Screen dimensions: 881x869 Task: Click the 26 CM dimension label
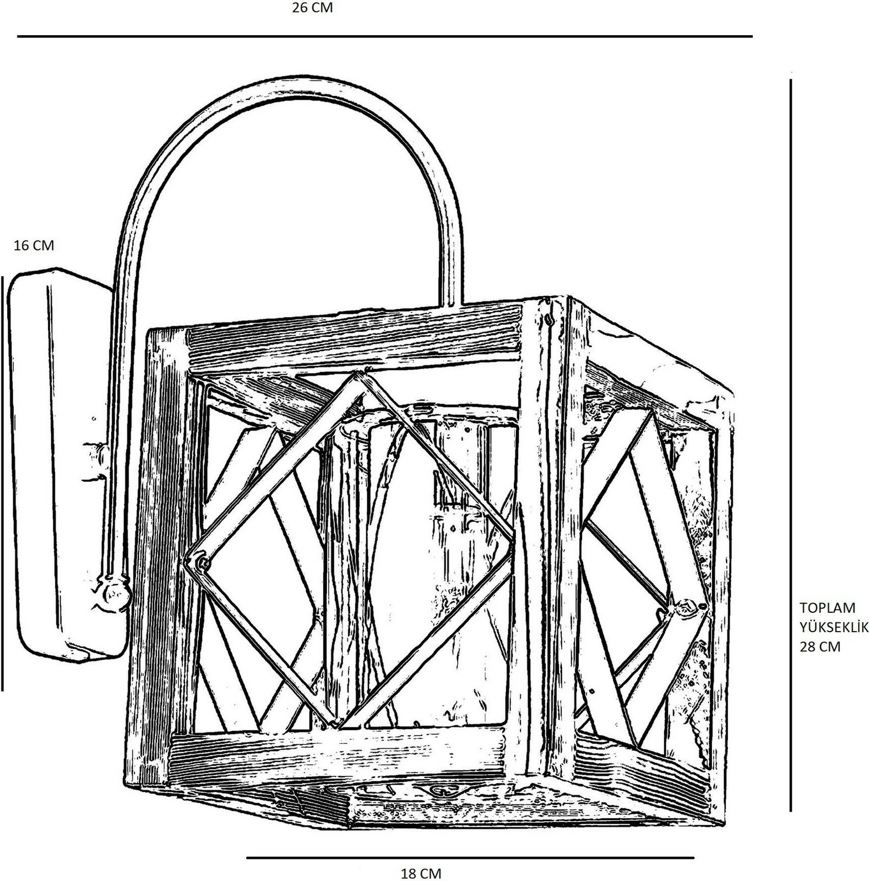pos(312,8)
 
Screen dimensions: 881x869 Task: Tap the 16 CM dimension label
pos(34,246)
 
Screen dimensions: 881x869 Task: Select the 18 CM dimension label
pos(421,873)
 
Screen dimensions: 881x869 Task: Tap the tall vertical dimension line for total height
pos(791,440)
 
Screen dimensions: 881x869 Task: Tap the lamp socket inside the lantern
pos(452,496)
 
